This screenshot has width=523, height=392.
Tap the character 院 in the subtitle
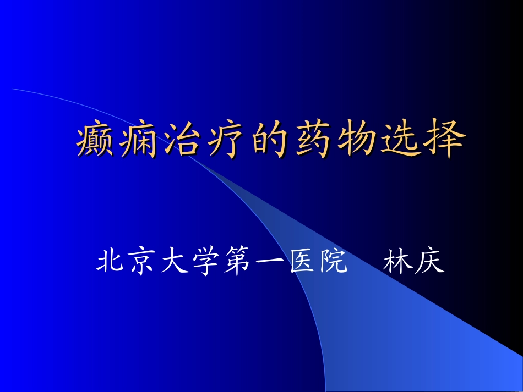333,263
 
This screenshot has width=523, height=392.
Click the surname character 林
396,263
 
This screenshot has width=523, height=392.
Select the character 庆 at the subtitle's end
428,263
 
